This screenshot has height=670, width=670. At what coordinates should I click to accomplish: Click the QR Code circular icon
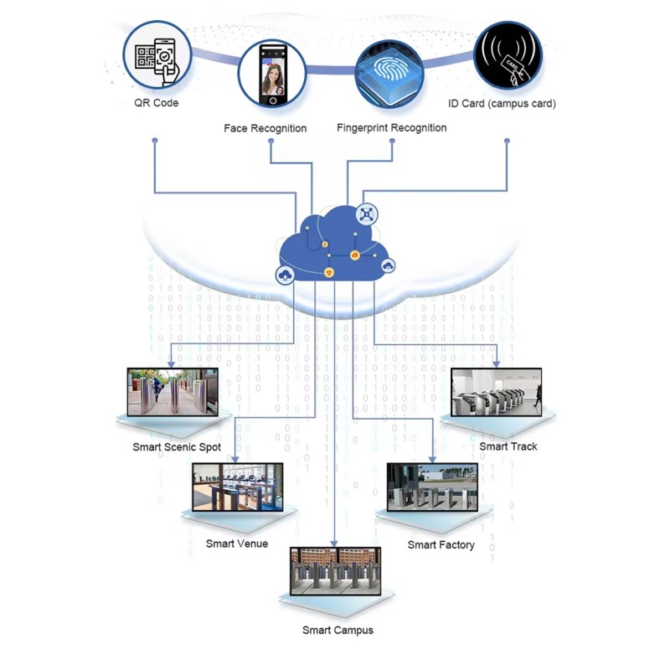click(x=157, y=54)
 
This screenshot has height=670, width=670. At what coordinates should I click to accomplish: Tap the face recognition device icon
click(x=272, y=74)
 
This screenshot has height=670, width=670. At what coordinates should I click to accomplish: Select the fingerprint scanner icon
click(x=389, y=74)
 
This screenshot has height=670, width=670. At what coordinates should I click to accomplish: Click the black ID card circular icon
click(x=508, y=55)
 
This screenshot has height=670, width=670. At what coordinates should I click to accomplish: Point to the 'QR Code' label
click(x=157, y=103)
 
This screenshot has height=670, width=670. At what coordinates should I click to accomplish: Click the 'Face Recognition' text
click(x=265, y=128)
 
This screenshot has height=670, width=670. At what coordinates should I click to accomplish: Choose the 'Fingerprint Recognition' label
click(x=392, y=128)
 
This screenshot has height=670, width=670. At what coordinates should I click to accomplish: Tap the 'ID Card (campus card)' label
click(x=502, y=103)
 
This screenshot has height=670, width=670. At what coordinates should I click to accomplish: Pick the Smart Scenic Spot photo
click(x=173, y=392)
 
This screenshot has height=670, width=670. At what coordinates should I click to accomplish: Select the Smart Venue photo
click(x=238, y=487)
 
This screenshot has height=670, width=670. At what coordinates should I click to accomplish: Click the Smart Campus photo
click(x=336, y=571)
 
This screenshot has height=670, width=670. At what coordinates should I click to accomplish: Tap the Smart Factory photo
click(x=432, y=487)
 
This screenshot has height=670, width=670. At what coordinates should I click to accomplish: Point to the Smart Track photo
click(x=497, y=392)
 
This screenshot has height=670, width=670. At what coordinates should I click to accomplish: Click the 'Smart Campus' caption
click(x=338, y=631)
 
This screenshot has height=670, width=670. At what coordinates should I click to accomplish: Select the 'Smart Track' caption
click(x=508, y=446)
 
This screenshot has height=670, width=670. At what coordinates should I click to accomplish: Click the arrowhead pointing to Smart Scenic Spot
click(x=171, y=364)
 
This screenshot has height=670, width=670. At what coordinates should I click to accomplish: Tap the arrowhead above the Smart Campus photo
click(x=334, y=544)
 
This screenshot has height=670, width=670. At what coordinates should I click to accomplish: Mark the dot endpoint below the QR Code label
click(x=155, y=141)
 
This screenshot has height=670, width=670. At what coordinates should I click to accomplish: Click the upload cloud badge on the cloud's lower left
click(x=285, y=276)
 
